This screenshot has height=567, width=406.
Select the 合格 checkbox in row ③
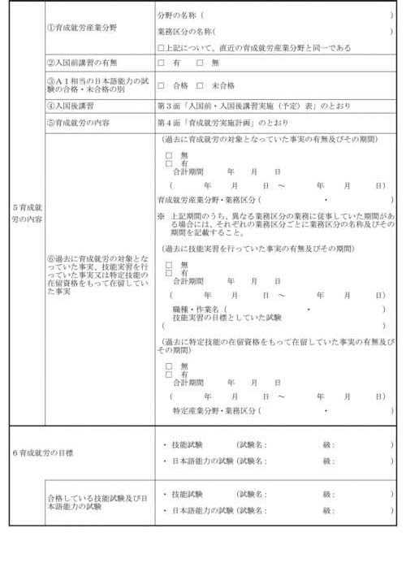161,84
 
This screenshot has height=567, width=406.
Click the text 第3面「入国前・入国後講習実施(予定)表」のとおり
244,106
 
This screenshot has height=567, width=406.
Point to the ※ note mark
161,216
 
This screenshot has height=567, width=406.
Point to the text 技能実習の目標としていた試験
227,318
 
